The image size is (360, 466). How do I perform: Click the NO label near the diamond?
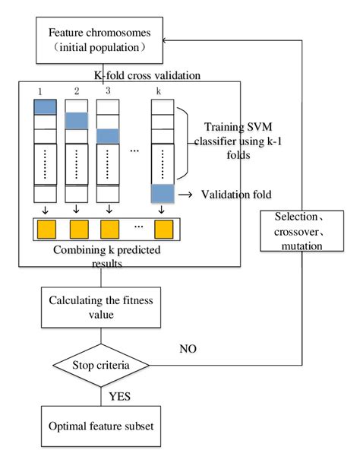pyautogui.click(x=188, y=349)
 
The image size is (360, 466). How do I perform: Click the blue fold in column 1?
pyautogui.click(x=45, y=106)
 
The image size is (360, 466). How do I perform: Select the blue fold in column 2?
pyautogui.click(x=77, y=121)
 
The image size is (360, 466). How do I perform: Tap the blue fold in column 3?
pyautogui.click(x=108, y=136)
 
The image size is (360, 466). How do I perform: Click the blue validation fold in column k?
pyautogui.click(x=163, y=193)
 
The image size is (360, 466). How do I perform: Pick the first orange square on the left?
pyautogui.click(x=45, y=228)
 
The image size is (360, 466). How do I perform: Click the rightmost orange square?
pyautogui.click(x=163, y=228)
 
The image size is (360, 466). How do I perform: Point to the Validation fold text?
pyautogui.click(x=235, y=194)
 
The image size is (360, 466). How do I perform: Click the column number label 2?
pyautogui.click(x=77, y=91)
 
